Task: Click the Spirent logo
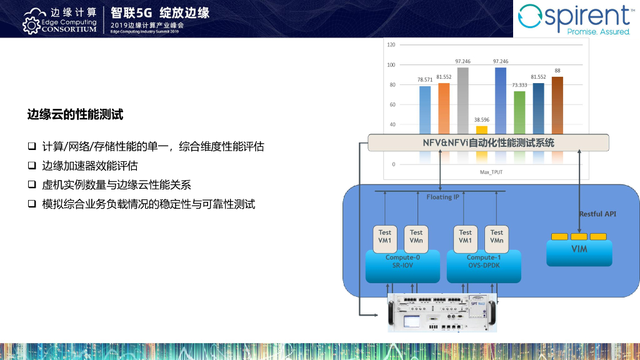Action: coord(576,19)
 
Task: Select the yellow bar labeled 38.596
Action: coord(481,129)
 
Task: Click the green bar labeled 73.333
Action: coord(519,112)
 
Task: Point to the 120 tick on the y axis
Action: coord(391,45)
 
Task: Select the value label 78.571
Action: coord(425,80)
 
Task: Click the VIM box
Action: coord(579,250)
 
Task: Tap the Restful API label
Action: coord(597,214)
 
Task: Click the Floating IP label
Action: coord(443,197)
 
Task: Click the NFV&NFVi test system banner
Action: coord(488,142)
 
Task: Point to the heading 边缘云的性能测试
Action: coord(75,114)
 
